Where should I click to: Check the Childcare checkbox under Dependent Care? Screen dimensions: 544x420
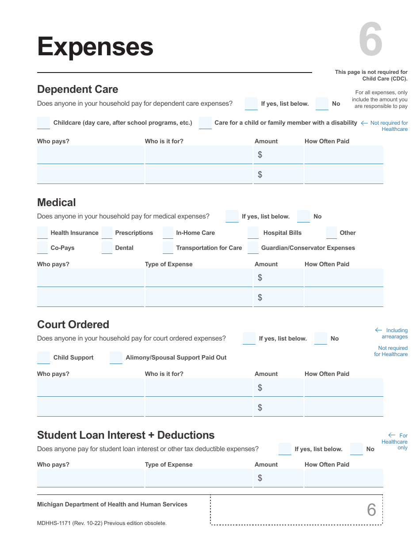pos(43,123)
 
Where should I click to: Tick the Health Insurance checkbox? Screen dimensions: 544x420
pos(42,233)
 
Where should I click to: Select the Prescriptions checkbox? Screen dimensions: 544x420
pos(107,233)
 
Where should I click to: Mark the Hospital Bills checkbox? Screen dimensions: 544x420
pos(253,233)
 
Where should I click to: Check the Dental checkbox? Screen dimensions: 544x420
pos(107,248)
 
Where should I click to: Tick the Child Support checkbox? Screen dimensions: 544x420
pos(43,357)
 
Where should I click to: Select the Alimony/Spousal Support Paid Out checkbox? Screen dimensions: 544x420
pos(116,357)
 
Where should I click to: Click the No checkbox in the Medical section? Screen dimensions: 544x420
pos(303,216)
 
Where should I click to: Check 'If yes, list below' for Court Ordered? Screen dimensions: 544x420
pos(249,338)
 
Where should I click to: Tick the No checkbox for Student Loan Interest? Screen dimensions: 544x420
pos(356,449)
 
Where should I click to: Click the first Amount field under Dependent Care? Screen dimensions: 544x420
pos(279,155)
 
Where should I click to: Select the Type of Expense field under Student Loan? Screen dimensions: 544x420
pos(199,478)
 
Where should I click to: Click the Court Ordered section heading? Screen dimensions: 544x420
pos(73,324)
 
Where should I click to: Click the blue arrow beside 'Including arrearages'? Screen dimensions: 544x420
pos(378,330)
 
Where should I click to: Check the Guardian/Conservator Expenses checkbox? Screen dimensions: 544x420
pos(253,248)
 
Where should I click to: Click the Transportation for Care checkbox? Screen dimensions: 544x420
pos(168,248)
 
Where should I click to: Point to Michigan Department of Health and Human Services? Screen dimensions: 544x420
pos(112,504)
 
